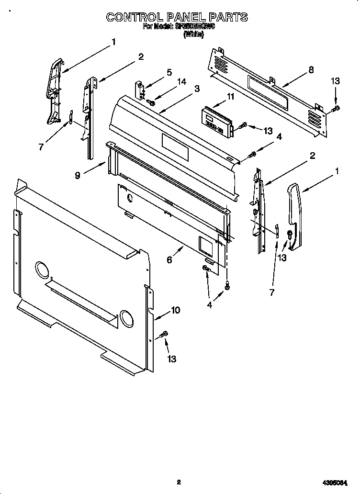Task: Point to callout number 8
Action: (x=311, y=69)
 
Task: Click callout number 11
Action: (x=231, y=97)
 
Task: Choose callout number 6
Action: (x=169, y=259)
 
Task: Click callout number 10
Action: (x=175, y=310)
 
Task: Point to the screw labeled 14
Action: (x=150, y=101)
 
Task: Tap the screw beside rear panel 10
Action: (x=164, y=334)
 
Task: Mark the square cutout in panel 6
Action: (x=206, y=245)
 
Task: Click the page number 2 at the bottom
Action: (x=178, y=483)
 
